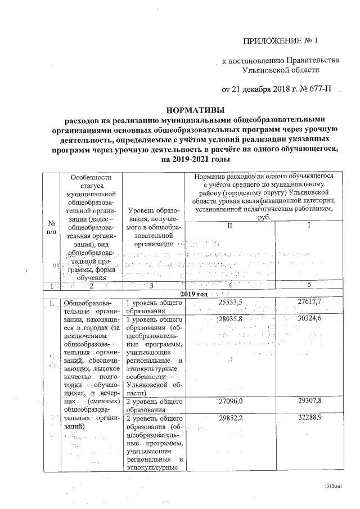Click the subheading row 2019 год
[194, 294]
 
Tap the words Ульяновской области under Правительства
[280, 70]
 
